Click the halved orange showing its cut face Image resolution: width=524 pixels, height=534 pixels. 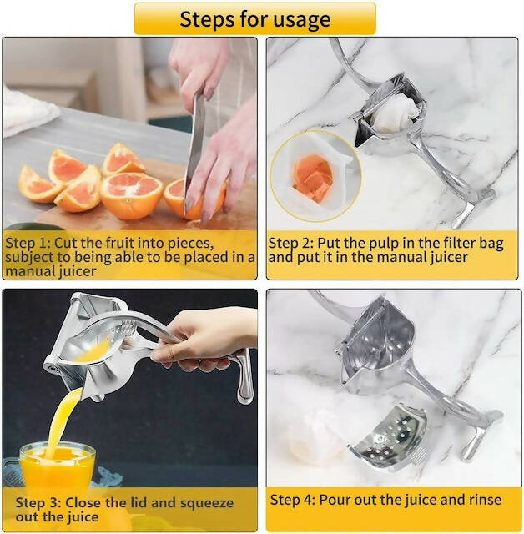click(x=132, y=194)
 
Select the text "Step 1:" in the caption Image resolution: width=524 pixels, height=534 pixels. click(x=28, y=243)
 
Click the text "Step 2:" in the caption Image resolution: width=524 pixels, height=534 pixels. click(x=290, y=244)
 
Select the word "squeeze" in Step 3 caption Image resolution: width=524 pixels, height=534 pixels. click(x=207, y=503)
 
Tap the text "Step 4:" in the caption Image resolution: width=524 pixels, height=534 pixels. click(x=293, y=500)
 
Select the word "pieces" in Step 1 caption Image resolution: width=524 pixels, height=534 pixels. click(x=191, y=243)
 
